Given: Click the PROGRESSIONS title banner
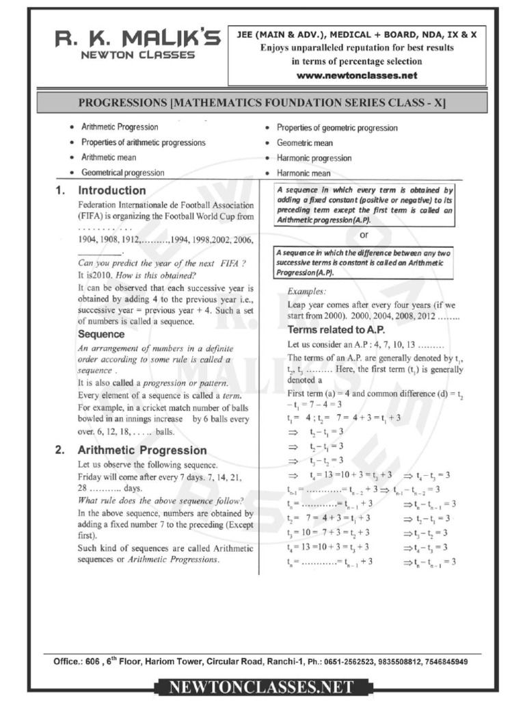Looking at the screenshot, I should tap(262, 103).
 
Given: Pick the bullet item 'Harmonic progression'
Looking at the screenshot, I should tap(314, 158).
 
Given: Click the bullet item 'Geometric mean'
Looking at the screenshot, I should tap(304, 143).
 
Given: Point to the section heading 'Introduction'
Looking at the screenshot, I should tap(112, 190).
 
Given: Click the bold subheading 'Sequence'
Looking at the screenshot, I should tap(101, 335).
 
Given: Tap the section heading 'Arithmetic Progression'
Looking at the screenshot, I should tap(142, 450).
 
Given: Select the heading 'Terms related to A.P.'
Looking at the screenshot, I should tap(330, 329).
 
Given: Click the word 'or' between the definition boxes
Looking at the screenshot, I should tap(364, 235).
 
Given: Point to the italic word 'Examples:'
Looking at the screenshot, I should tap(306, 291).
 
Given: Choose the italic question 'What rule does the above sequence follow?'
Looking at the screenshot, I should tap(161, 500).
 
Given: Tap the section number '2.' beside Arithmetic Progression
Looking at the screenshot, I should tap(60, 450).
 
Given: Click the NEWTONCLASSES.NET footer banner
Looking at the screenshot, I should tap(262, 686).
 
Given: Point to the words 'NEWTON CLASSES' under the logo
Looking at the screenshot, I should tap(138, 55).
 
